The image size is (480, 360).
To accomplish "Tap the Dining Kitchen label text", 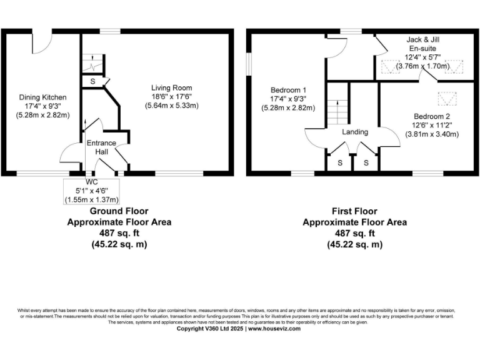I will (41, 97).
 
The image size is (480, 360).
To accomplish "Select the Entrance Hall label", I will (101, 147).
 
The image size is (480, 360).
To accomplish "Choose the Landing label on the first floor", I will (354, 132).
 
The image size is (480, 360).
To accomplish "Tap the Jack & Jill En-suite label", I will (422, 43).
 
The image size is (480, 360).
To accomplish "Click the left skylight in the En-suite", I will (391, 67).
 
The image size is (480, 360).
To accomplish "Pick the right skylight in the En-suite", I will (452, 67).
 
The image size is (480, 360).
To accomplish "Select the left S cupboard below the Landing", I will (340, 163).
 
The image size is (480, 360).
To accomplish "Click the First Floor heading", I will (354, 212).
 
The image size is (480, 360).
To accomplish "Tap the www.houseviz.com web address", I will (274, 328).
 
